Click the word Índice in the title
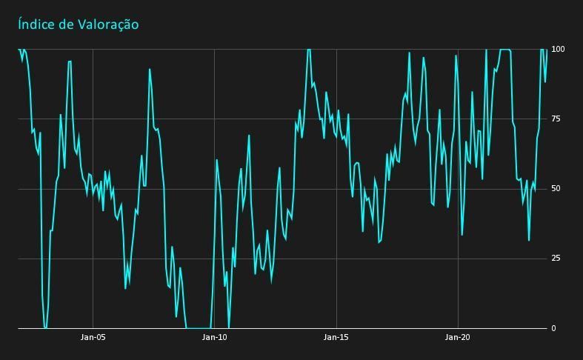tap(35, 24)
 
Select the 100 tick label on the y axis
tap(558, 50)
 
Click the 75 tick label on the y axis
tap(556, 119)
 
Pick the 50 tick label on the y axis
tap(556, 189)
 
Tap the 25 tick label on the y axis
tap(556, 259)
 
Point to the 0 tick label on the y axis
tap(553, 328)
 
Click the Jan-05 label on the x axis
tap(93, 338)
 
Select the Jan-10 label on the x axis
tap(214, 338)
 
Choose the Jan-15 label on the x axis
tap(336, 338)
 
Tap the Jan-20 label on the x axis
tap(458, 338)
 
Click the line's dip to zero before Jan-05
tap(45, 327)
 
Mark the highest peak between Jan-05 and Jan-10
tap(150, 69)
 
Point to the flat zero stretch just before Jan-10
tap(198, 327)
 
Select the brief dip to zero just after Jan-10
tap(228, 327)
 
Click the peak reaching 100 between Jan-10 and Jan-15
tap(309, 50)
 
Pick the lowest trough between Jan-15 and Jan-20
tap(379, 242)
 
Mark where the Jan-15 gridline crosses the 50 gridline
tap(336, 189)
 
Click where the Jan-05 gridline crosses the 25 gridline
tap(93, 259)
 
